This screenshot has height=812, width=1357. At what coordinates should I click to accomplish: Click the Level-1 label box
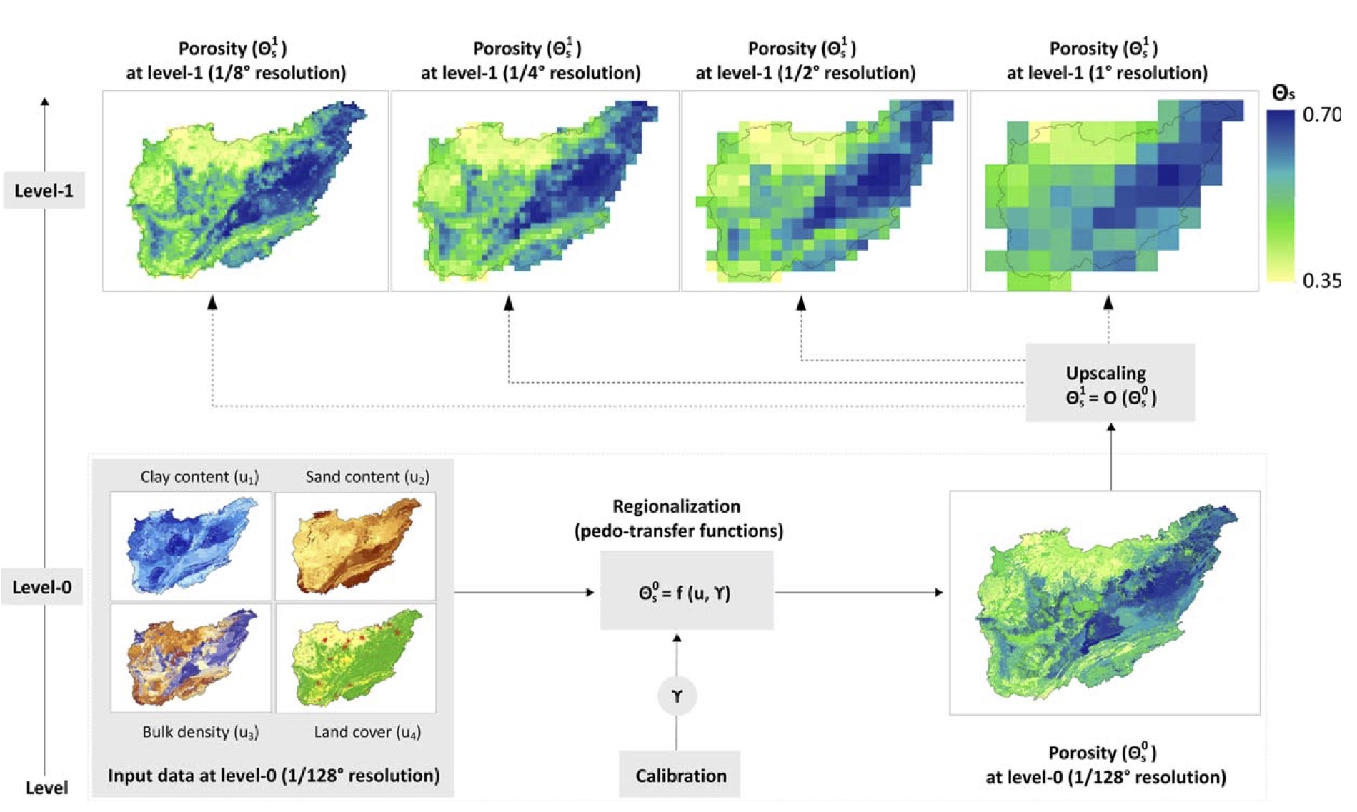44,191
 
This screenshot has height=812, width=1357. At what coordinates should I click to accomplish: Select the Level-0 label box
42,587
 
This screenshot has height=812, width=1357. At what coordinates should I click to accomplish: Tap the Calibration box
680,775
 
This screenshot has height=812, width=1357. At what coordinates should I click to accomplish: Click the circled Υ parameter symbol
677,696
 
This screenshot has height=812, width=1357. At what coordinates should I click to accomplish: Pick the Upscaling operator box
1110,384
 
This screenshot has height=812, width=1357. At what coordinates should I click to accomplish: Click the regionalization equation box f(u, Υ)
686,592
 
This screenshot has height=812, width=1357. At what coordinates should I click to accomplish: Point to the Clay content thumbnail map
191,546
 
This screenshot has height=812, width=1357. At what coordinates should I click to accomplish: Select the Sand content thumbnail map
356,546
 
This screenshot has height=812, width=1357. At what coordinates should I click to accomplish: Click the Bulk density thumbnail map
191,658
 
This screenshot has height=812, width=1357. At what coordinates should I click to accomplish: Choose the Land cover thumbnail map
356,658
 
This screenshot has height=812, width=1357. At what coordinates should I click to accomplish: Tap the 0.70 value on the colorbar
1321,115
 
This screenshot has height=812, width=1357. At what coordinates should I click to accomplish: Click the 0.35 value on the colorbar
1321,281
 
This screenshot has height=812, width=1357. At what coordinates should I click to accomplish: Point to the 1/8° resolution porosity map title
236,61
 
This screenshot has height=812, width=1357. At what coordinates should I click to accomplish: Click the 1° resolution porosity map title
1106,61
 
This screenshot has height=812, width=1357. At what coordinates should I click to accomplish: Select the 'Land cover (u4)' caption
367,732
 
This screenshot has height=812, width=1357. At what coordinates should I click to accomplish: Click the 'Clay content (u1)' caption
199,477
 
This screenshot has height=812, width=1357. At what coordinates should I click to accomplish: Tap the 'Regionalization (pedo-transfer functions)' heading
678,518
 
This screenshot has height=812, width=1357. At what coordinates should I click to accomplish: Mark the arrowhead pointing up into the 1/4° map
509,304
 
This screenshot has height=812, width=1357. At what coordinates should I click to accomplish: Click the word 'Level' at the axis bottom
46,788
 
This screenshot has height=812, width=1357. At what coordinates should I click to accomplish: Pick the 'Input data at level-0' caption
274,776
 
